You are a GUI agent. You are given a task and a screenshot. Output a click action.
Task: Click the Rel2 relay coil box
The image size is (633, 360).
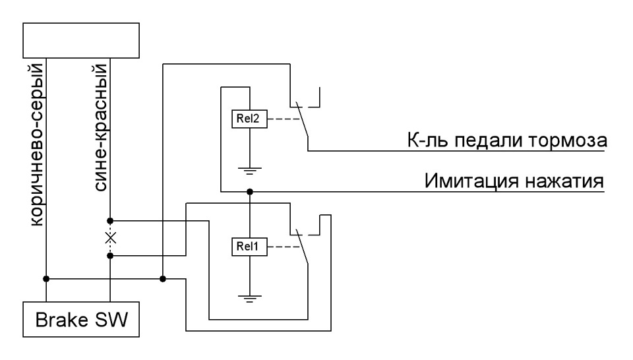pyautogui.click(x=249, y=119)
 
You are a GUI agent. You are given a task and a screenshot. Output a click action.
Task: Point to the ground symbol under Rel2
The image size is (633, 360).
pyautogui.click(x=249, y=172)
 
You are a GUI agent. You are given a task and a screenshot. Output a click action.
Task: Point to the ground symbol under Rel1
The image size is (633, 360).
pyautogui.click(x=249, y=300)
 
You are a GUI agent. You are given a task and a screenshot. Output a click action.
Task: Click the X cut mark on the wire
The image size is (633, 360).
pyautogui.click(x=110, y=237)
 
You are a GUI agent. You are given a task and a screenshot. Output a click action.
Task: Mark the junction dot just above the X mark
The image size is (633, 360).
pyautogui.click(x=110, y=220)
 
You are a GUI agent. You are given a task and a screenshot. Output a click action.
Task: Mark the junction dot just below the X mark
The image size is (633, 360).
pyautogui.click(x=110, y=255)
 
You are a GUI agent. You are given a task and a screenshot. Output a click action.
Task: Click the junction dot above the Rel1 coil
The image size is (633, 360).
pyautogui.click(x=249, y=192)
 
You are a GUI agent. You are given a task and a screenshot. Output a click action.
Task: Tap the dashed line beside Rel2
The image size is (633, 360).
pyautogui.click(x=282, y=119)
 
